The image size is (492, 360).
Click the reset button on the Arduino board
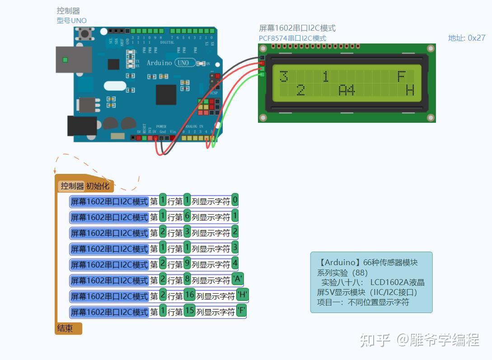pyautogui.click(x=84, y=33)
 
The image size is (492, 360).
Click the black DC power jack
pyautogui.click(x=82, y=126)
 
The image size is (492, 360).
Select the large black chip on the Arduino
pyautogui.click(x=166, y=94)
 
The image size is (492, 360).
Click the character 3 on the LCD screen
pyautogui.click(x=284, y=77)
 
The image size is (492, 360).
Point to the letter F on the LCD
pyautogui.click(x=401, y=76)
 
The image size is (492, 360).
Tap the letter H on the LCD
pyautogui.click(x=410, y=90)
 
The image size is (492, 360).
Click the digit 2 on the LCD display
pyautogui.click(x=300, y=90)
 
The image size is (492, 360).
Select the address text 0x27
pyautogui.click(x=476, y=38)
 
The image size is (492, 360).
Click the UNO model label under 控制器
pyautogui.click(x=71, y=20)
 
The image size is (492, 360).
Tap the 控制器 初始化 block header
pyautogui.click(x=85, y=186)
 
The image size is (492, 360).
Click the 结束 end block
pyautogui.click(x=66, y=328)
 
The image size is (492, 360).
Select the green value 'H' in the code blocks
pyautogui.click(x=243, y=295)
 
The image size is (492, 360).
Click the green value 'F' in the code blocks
pyautogui.click(x=242, y=311)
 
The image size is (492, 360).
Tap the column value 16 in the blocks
pyautogui.click(x=189, y=295)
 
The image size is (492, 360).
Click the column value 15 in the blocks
pyautogui.click(x=189, y=311)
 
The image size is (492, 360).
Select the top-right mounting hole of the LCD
pyautogui.click(x=431, y=48)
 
